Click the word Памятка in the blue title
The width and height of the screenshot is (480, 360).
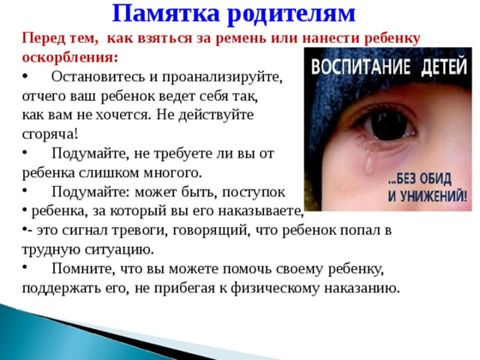coord(166,14)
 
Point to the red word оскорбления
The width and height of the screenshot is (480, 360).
coord(70,57)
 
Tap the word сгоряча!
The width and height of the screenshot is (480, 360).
coord(50,135)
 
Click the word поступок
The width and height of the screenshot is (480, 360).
coord(253,193)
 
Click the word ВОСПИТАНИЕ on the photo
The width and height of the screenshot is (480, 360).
coord(361,67)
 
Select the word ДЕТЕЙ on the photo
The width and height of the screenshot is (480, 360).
coord(444,66)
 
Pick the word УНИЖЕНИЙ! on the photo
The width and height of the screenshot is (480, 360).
coord(428,196)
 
